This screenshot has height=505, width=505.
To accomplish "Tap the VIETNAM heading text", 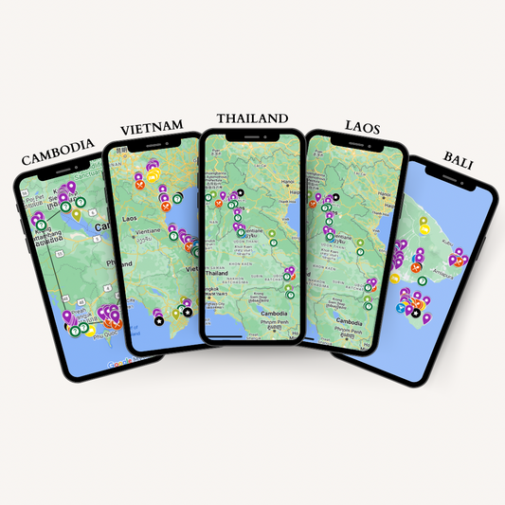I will point(156,130).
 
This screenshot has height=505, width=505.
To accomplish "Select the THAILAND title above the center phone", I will point(251,118).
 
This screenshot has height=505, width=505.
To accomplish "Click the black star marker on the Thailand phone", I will point(241,192).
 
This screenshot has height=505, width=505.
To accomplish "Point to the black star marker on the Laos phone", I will point(334,198).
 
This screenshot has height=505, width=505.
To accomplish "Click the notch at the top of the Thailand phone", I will point(252,140).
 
